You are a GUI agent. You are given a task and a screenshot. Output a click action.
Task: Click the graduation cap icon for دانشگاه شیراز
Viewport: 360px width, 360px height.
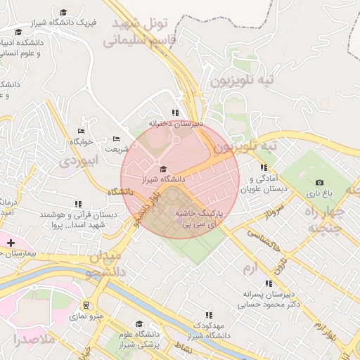164,169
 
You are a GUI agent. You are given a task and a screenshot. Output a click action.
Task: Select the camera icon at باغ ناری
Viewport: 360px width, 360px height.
320,183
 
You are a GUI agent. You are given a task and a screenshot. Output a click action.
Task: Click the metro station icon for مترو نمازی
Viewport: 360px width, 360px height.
86,306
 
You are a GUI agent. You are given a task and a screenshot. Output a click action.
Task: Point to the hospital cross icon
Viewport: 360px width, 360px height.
10,243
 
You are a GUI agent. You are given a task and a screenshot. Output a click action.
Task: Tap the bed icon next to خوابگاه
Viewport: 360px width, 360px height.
81,131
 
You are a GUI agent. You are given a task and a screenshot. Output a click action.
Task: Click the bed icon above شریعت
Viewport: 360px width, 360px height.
116,139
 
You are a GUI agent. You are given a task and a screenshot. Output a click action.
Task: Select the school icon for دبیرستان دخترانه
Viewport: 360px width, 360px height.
175,112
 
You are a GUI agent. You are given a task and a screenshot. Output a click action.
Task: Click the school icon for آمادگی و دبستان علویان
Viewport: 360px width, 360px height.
264,167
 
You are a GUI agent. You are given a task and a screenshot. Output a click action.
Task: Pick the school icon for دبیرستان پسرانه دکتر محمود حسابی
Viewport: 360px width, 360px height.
268,283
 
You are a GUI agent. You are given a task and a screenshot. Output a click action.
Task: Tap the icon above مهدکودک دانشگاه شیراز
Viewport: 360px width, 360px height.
208,316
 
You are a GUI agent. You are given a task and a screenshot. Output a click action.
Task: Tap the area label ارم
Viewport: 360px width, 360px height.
250,269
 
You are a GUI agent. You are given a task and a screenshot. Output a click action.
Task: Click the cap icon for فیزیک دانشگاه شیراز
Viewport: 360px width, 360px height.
63,13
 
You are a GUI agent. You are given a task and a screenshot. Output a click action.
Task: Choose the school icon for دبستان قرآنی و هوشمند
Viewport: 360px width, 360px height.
77,204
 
